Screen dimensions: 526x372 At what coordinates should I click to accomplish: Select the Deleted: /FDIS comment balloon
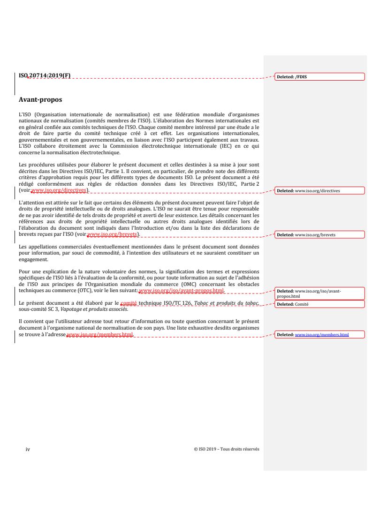[319, 76]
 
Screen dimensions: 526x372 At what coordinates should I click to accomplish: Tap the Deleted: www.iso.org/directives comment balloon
[319, 191]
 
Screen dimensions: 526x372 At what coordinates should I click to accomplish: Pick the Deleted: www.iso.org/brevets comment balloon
[319, 234]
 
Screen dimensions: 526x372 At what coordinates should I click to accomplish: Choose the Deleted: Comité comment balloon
[319, 304]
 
